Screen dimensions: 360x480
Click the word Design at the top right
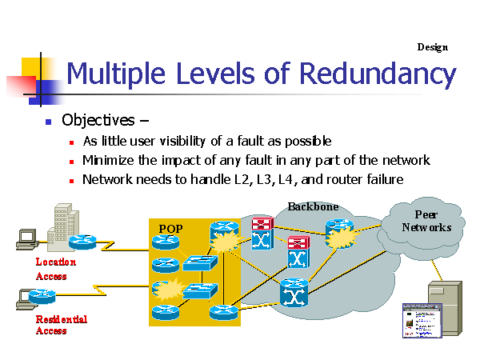432,47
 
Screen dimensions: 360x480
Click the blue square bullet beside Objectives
48,122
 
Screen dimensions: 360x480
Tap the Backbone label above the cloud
313,206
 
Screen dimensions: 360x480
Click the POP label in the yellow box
170,228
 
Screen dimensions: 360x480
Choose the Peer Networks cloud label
426,221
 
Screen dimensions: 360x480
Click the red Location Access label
55,269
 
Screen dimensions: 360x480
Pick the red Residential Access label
61,325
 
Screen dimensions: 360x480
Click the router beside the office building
82,242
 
